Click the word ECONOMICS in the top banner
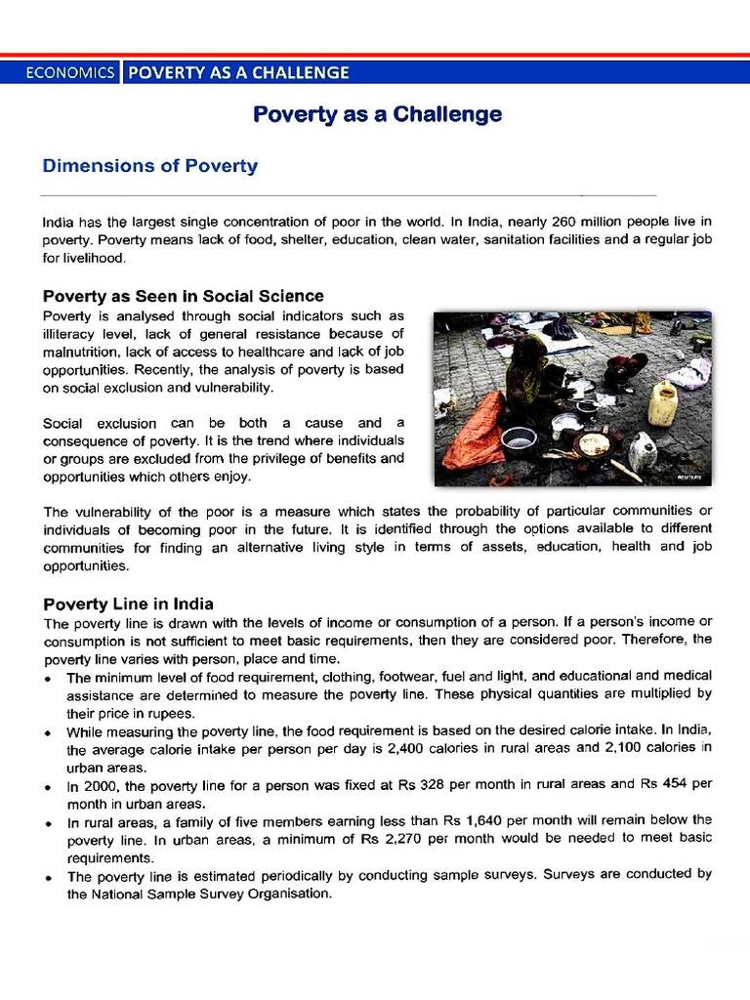(69, 72)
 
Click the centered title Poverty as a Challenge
(377, 114)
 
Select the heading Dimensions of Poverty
(149, 166)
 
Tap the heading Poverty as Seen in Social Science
(183, 296)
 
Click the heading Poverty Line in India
(128, 604)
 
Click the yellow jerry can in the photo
(663, 403)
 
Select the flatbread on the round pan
(593, 444)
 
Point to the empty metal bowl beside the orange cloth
(519, 442)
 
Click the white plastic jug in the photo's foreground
(643, 452)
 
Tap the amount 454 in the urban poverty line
(673, 784)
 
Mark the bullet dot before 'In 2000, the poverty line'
(50, 785)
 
